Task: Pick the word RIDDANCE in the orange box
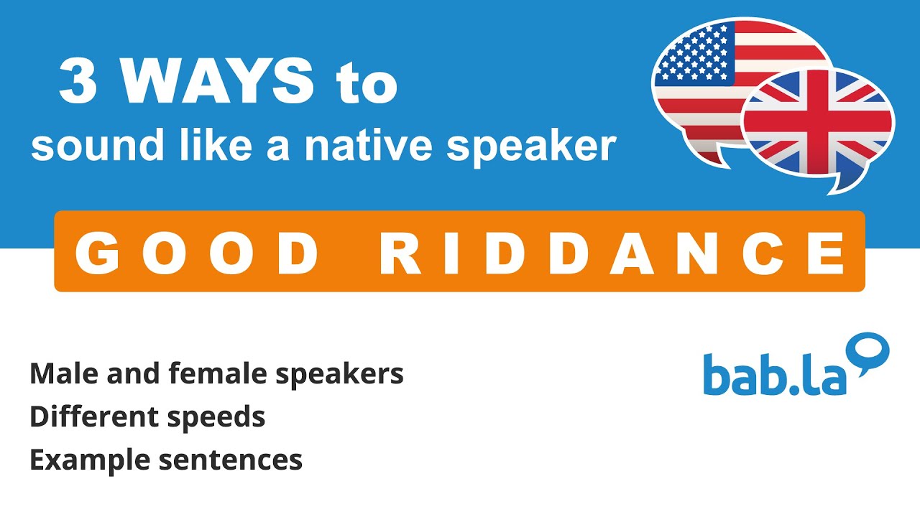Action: (613, 253)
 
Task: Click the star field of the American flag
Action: (694, 54)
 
